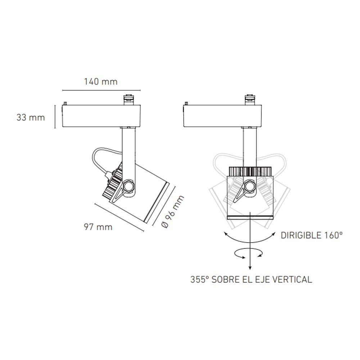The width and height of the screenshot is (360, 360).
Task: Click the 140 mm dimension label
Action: click(101, 81)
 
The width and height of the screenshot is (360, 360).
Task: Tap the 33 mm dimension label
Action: click(31, 117)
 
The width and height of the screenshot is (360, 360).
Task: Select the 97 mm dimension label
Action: click(98, 227)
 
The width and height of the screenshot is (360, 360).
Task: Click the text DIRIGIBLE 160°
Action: click(311, 236)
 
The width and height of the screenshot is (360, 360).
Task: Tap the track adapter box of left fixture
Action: click(102, 116)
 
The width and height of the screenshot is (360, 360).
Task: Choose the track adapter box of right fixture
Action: click(222, 116)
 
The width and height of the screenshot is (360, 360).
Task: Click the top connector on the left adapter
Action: click(129, 99)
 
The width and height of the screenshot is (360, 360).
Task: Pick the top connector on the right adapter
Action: click(249, 99)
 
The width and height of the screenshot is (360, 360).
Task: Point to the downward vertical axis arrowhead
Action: click(250, 266)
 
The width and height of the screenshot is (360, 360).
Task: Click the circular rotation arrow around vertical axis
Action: click(249, 254)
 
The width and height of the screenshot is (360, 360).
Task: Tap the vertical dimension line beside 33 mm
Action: click(55, 117)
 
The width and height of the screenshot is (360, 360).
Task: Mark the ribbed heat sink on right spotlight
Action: click(250, 171)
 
